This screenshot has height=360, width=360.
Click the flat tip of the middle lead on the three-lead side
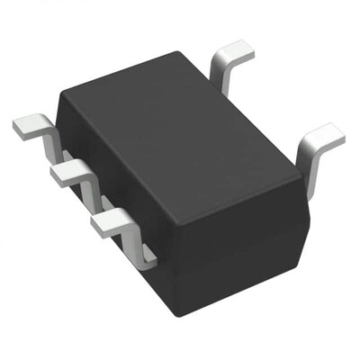(x=67, y=172)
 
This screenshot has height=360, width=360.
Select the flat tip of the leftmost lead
(x=30, y=125)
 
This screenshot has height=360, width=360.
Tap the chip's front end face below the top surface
(x=238, y=252)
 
